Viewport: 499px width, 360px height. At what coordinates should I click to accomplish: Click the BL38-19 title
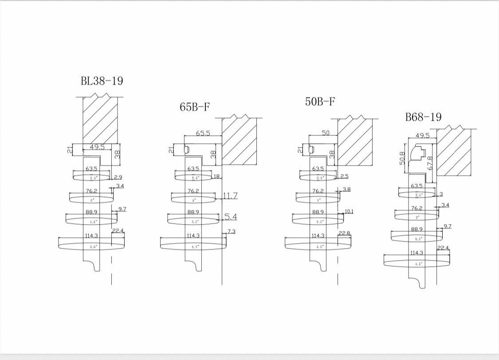(x=102, y=81)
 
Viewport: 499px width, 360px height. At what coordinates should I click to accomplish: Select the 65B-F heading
(x=195, y=107)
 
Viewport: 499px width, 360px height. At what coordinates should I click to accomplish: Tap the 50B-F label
(x=320, y=102)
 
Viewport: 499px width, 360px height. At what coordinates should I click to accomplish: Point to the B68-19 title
(x=423, y=117)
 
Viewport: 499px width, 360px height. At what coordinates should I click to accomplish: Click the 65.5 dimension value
(x=203, y=133)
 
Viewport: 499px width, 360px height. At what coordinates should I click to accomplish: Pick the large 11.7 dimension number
(x=230, y=196)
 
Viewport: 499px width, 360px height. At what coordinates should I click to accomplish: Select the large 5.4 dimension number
(x=231, y=217)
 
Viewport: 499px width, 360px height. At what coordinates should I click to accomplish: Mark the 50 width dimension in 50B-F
(x=326, y=133)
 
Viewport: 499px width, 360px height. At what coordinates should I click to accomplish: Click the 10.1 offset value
(x=349, y=211)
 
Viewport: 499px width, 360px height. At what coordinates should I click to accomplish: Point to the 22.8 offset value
(x=344, y=233)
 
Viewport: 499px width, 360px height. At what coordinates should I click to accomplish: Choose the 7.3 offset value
(x=231, y=232)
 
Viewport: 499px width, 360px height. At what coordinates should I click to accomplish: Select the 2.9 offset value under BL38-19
(x=118, y=177)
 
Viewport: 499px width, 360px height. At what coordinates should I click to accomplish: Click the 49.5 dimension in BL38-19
(x=97, y=147)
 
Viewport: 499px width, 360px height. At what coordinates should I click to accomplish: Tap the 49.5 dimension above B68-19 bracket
(x=423, y=135)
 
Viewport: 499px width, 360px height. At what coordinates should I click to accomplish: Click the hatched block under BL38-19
(x=100, y=120)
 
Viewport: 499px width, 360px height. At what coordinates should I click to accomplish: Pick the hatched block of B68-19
(x=454, y=153)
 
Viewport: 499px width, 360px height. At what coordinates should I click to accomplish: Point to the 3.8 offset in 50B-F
(x=346, y=190)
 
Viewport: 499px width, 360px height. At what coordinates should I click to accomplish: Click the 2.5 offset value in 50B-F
(x=344, y=177)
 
